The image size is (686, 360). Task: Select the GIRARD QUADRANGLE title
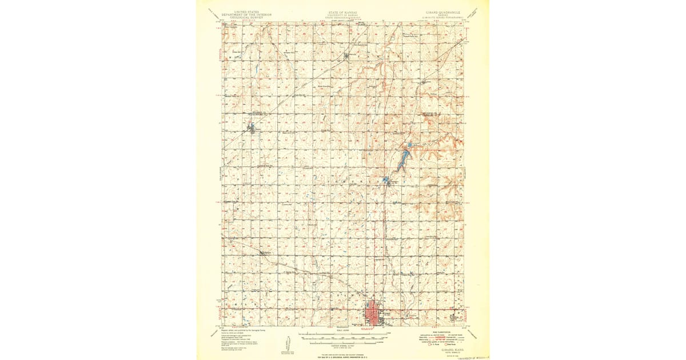pos(440,11)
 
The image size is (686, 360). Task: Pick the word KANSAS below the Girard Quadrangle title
pos(440,14)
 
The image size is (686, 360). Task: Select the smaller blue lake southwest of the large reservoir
pos(386,181)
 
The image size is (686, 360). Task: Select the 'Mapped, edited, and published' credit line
pos(246,331)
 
